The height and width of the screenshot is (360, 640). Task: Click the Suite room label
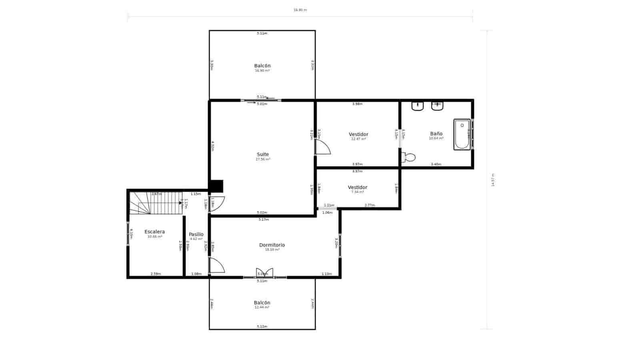263,154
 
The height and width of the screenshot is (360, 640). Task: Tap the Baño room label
436,134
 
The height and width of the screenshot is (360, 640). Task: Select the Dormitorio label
272,245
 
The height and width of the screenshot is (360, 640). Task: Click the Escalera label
154,232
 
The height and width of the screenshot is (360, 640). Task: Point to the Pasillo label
196,234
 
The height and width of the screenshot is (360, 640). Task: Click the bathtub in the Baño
462,134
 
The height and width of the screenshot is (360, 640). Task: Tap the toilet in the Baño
409,157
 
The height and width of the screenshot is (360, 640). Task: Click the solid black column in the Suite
216,186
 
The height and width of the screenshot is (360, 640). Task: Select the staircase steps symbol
156,203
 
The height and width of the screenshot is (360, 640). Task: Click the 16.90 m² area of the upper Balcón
262,71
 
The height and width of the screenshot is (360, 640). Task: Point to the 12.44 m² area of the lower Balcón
262,308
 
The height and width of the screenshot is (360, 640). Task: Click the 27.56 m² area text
263,159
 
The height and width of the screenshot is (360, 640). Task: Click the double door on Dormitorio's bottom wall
264,273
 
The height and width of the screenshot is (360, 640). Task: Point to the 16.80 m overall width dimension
300,10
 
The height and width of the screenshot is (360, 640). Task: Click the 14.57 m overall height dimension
492,180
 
